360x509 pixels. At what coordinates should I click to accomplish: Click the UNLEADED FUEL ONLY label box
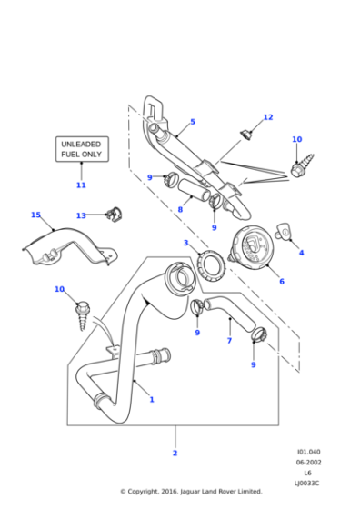click(x=81, y=149)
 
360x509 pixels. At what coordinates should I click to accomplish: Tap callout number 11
click(x=81, y=185)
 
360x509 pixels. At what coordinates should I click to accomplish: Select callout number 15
click(x=35, y=215)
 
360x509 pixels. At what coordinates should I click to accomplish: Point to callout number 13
click(x=81, y=215)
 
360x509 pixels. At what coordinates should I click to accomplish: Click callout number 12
click(x=267, y=117)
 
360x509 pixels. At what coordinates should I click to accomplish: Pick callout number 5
click(x=192, y=122)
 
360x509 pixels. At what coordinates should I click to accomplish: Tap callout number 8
click(x=180, y=210)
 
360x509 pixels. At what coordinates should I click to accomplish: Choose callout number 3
click(x=185, y=243)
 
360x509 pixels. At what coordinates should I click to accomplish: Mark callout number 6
click(x=281, y=281)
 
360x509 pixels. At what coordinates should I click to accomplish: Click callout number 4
click(x=301, y=253)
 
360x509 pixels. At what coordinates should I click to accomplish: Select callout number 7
click(x=229, y=341)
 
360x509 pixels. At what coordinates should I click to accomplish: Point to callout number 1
click(x=151, y=399)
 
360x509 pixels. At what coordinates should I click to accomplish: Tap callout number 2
click(x=175, y=452)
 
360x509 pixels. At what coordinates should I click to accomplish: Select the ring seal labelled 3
click(x=213, y=270)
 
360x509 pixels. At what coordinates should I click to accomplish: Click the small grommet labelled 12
click(x=245, y=135)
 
